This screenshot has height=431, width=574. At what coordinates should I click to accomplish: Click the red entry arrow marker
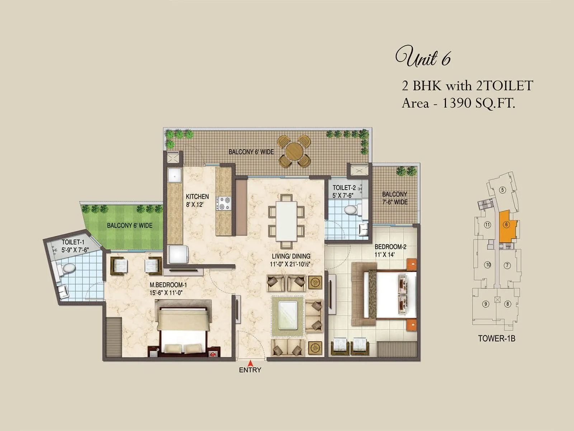250,363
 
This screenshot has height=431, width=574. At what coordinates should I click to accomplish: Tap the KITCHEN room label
197,197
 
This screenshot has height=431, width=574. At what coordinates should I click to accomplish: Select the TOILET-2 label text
344,188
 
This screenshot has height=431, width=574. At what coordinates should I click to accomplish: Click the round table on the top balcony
294,151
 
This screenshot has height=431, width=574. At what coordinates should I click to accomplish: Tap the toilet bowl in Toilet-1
68,268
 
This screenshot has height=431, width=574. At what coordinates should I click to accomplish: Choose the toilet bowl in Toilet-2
350,210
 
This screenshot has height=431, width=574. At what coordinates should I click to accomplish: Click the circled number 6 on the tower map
506,225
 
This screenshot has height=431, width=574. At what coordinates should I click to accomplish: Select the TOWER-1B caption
497,338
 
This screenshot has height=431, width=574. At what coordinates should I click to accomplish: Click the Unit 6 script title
423,57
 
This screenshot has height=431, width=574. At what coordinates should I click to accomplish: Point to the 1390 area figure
456,103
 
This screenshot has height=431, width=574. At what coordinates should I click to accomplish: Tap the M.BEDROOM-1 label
168,285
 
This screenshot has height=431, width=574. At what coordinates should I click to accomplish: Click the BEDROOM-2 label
390,247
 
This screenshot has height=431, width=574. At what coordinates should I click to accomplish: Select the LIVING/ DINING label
291,256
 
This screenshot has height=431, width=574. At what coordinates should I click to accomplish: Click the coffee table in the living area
288,315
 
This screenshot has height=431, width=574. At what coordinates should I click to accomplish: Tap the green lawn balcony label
130,226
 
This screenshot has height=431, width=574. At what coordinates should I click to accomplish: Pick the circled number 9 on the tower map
486,304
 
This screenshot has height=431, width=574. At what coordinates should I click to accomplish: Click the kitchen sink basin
175,175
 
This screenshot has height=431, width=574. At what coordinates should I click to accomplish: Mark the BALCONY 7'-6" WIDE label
395,198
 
